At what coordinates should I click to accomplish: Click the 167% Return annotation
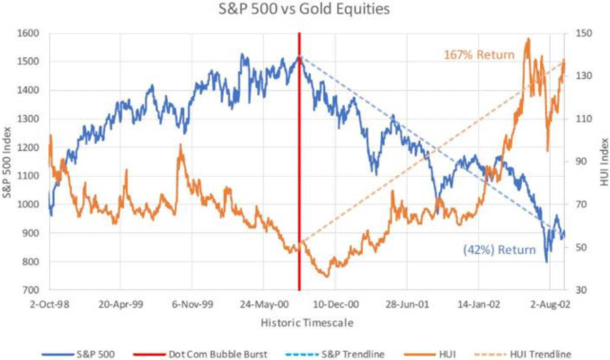479,55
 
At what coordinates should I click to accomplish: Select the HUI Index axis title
602,162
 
